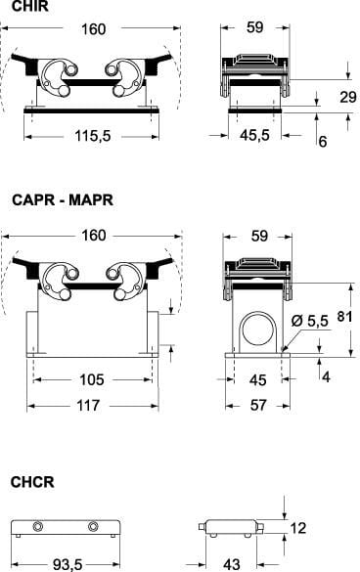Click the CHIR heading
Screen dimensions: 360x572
[x=30, y=7]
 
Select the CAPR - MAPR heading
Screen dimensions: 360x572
[x=63, y=199]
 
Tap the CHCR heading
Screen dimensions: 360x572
[x=32, y=482]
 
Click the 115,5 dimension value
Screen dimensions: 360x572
[x=93, y=136]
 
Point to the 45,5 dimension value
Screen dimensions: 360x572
[x=254, y=135]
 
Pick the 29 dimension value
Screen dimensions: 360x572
[x=348, y=97]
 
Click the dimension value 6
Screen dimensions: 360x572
[x=323, y=142]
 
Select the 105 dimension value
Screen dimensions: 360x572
[x=92, y=379]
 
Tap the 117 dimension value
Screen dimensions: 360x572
[x=88, y=405]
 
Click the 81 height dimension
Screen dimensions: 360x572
[x=344, y=316]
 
